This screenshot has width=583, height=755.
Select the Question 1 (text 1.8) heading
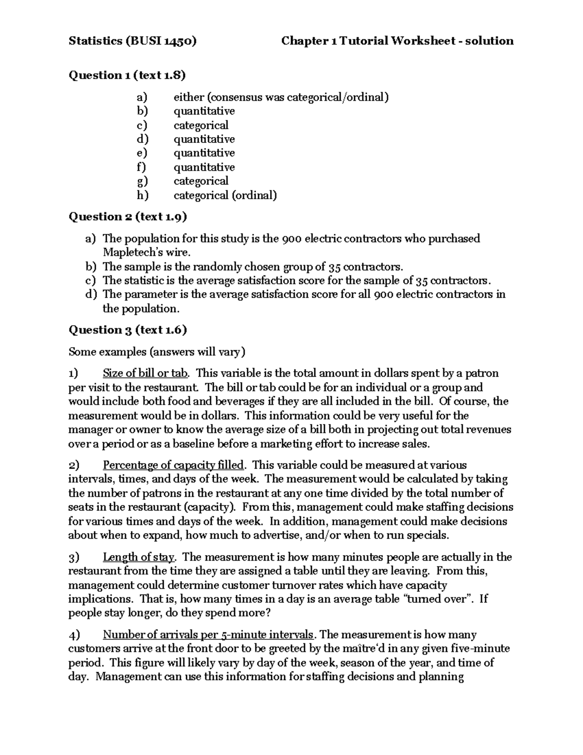127,75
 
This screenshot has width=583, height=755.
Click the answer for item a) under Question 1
281,97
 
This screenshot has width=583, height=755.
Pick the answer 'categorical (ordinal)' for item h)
225,195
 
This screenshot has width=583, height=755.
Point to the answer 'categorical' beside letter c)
201,125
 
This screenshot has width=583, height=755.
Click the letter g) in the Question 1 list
142,181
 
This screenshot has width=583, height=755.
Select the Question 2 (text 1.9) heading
128,217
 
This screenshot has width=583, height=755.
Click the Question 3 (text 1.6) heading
128,330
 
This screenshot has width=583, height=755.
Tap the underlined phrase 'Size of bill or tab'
145,373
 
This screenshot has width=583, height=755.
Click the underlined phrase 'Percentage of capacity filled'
173,465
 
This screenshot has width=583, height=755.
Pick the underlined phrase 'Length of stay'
138,557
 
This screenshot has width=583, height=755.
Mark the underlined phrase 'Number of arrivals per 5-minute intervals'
208,635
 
